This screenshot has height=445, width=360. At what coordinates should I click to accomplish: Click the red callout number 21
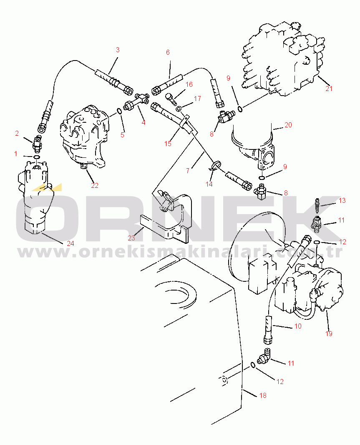[x=329, y=88]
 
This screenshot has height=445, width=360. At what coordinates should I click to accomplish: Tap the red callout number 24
[x=70, y=243]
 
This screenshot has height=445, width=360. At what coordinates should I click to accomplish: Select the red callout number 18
[x=263, y=395]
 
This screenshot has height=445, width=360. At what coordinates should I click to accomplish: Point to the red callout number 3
[x=118, y=50]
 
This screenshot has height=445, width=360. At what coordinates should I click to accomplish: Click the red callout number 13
[x=342, y=201]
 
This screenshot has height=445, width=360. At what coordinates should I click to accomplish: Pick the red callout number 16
[x=189, y=84]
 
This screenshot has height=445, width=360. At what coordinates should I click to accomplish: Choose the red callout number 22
[x=95, y=185]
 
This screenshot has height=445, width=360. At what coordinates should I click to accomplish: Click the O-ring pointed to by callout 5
[x=120, y=111]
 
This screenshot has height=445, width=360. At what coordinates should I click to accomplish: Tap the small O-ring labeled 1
[x=37, y=157]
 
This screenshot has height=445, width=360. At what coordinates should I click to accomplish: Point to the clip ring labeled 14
[x=216, y=165]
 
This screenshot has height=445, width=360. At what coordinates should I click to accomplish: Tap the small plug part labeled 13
[x=318, y=206]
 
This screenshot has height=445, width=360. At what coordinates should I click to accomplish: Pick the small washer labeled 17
[x=179, y=109]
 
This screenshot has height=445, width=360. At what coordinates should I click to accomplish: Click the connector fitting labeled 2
[x=38, y=142]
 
